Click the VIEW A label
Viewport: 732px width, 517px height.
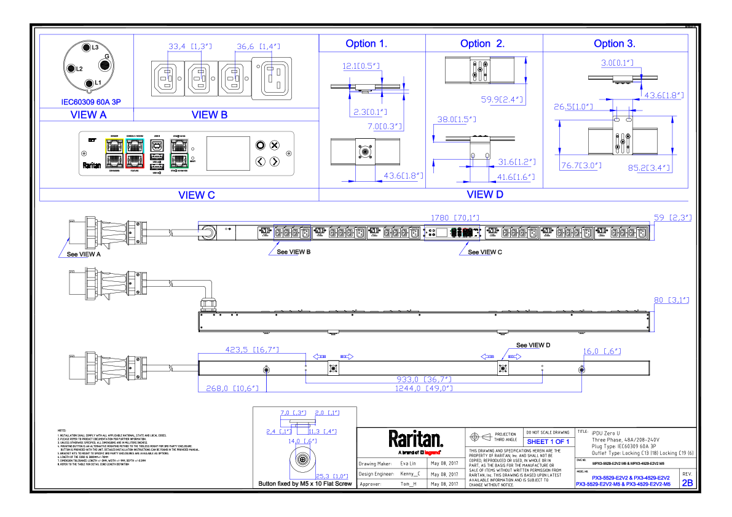(x=89, y=115)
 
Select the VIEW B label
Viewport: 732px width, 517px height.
(x=210, y=115)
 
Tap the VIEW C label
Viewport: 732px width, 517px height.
(x=197, y=195)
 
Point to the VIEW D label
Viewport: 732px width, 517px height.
(x=485, y=195)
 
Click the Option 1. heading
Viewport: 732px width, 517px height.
(x=366, y=44)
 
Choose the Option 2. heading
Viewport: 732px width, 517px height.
(x=482, y=44)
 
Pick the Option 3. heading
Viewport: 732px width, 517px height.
(x=615, y=44)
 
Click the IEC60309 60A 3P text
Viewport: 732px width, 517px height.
(x=91, y=102)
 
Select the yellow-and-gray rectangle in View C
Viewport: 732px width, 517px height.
(x=114, y=154)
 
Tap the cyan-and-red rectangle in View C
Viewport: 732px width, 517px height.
(x=135, y=154)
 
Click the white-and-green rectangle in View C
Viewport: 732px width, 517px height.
(x=179, y=154)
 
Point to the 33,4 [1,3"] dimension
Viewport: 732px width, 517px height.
(x=190, y=47)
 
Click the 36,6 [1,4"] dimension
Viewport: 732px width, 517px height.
(x=258, y=47)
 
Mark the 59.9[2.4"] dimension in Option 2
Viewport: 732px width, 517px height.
(x=502, y=100)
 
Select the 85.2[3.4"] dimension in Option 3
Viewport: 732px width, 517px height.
(x=649, y=168)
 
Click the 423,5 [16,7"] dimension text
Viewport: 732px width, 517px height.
(x=252, y=350)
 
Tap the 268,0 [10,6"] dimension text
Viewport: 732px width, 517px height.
(x=232, y=389)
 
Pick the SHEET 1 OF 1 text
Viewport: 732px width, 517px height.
(x=548, y=442)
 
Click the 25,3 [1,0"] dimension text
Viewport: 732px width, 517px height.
(x=332, y=476)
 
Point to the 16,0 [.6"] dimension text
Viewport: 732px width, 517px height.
(x=601, y=352)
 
